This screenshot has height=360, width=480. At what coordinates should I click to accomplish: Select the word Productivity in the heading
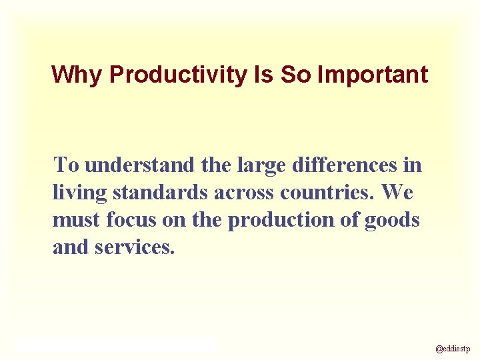click(178, 75)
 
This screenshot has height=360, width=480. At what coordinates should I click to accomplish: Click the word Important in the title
click(373, 75)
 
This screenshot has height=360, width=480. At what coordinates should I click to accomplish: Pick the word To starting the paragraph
click(67, 164)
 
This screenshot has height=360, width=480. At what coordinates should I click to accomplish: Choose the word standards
click(160, 192)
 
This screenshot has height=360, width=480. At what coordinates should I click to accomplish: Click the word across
click(245, 193)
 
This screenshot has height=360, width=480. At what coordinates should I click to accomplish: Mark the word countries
click(329, 192)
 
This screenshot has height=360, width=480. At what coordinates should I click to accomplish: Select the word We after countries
click(398, 192)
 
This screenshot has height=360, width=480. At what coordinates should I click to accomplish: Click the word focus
click(126, 220)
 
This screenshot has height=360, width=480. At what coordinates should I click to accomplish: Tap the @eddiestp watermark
click(453, 348)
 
